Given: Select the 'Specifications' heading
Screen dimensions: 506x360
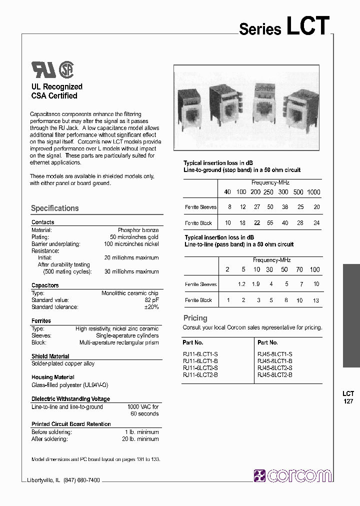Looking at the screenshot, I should click(x=54, y=208).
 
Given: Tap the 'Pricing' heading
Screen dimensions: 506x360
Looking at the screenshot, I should click(x=195, y=318).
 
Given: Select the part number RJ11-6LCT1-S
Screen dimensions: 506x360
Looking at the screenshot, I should click(x=200, y=354).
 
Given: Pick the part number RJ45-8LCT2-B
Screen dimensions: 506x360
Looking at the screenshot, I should click(x=274, y=374).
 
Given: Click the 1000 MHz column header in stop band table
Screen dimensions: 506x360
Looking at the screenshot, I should click(x=313, y=192).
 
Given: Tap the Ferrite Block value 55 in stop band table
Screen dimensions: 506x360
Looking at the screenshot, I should click(x=269, y=223).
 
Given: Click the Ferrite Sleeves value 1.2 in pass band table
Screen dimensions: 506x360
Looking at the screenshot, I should click(x=241, y=284).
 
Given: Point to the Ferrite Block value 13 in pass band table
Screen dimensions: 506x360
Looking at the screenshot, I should click(x=315, y=300).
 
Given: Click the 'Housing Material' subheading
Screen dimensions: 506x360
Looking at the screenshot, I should click(x=53, y=377).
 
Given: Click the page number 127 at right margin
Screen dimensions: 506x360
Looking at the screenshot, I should click(x=348, y=401).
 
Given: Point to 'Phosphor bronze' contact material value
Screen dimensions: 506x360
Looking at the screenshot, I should click(x=138, y=230).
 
